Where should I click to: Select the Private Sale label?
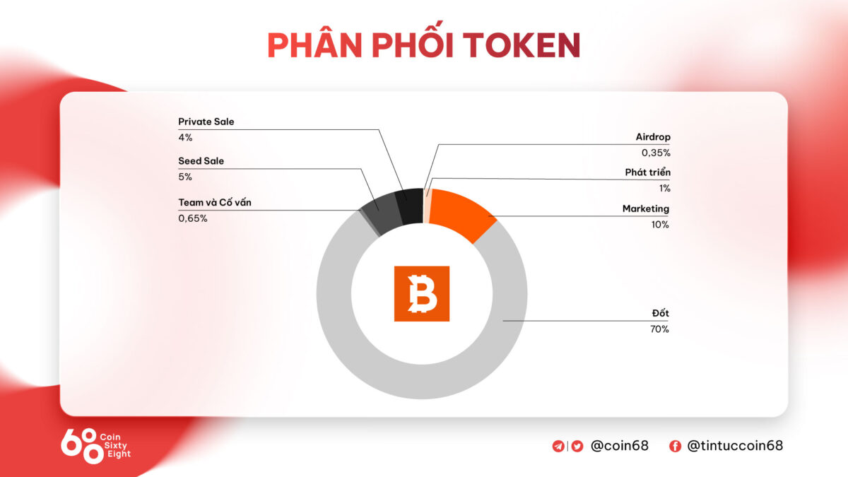point(206,122)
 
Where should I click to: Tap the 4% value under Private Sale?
point(185,137)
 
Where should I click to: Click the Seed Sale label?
point(201,161)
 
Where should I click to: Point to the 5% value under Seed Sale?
point(185,177)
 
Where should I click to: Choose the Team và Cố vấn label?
point(215,203)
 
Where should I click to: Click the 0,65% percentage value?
point(193,218)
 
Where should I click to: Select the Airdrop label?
point(652,137)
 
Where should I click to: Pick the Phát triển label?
point(647,172)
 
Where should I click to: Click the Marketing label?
point(645,208)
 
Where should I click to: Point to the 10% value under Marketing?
point(660,225)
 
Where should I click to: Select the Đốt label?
point(660,313)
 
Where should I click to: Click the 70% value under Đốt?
point(659,329)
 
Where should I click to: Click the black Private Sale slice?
point(409,206)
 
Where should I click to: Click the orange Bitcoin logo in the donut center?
point(421,294)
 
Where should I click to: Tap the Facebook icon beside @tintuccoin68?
point(675,446)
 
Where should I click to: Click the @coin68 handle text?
point(619,446)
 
